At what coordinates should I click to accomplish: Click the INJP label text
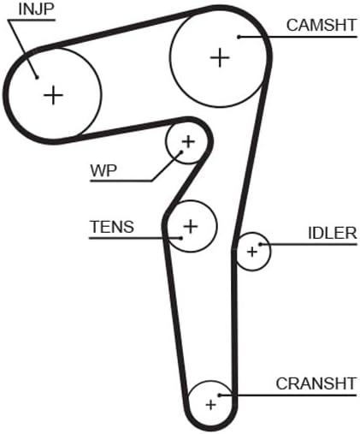[36, 9]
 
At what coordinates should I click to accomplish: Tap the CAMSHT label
[322, 25]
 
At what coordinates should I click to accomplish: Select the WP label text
[103, 170]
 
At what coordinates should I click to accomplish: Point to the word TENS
[112, 227]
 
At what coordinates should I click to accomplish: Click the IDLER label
[333, 233]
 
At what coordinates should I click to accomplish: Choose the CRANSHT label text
[316, 383]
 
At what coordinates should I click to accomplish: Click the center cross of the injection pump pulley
[53, 95]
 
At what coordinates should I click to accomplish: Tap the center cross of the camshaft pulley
[220, 58]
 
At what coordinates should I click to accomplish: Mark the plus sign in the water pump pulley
[188, 141]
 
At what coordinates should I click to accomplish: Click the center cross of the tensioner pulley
[191, 226]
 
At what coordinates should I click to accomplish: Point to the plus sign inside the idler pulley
[252, 252]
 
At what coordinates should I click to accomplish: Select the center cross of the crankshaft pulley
[211, 405]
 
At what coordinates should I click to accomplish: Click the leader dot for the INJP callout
[37, 77]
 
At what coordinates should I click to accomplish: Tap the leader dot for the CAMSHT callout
[239, 37]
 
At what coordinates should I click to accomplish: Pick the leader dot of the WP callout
[181, 152]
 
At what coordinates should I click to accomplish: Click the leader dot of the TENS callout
[180, 238]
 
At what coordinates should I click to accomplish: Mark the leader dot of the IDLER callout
[260, 244]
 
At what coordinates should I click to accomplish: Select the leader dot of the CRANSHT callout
[220, 395]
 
